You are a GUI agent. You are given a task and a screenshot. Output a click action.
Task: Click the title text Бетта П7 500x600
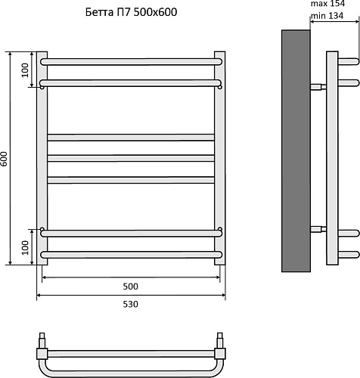coord(131,12)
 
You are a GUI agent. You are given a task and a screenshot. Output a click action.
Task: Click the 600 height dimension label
coord(4,159)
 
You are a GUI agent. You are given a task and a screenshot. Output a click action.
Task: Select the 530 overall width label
coord(131,305)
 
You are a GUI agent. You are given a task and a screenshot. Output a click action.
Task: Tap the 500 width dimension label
coord(131,287)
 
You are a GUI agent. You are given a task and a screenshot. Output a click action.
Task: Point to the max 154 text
coord(327,4)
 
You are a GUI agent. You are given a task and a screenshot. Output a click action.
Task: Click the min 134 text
coord(327,16)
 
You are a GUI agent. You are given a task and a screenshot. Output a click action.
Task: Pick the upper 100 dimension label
coord(25,70)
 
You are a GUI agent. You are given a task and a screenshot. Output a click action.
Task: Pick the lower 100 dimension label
coord(25,248)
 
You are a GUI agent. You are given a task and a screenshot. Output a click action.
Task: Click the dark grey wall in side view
coord(296,150)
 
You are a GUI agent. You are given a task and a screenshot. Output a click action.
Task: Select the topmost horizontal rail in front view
coord(131,62)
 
